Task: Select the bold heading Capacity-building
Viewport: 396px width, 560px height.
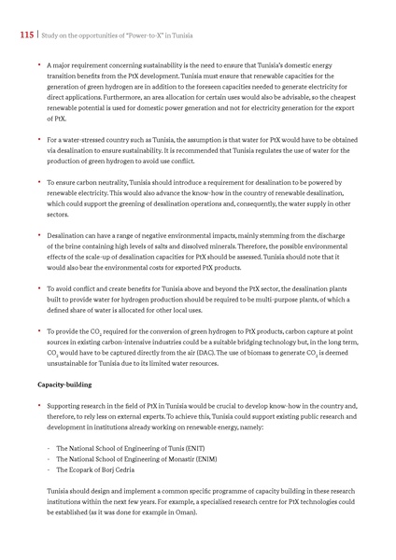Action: [63, 385]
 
